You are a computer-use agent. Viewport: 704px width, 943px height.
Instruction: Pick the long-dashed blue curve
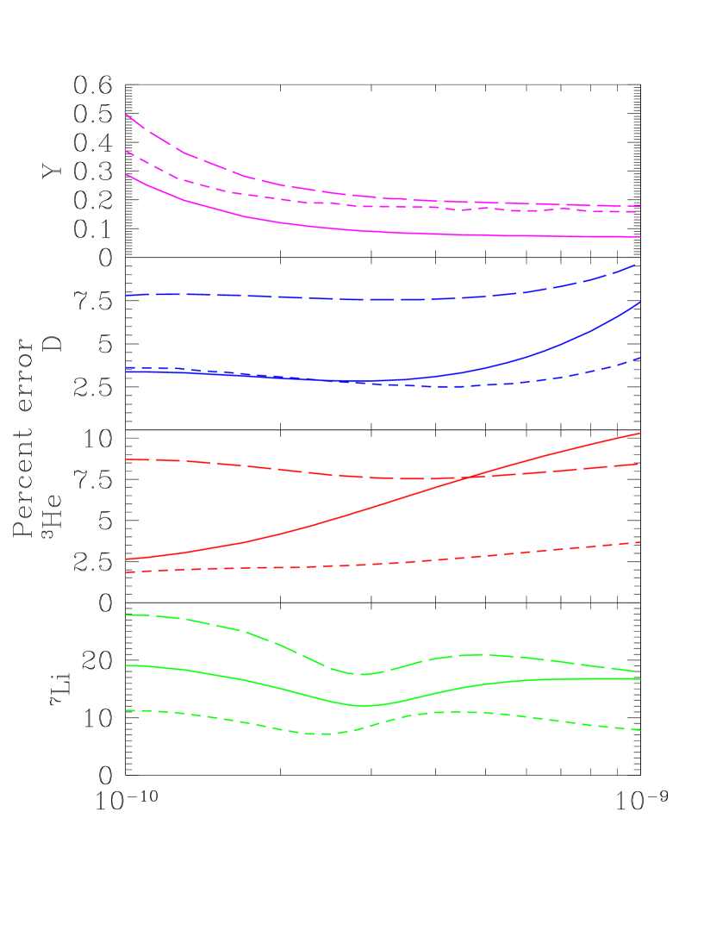(x=259, y=297)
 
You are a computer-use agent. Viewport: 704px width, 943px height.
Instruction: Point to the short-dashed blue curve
(x=517, y=384)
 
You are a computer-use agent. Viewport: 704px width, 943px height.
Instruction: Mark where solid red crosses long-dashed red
(x=466, y=477)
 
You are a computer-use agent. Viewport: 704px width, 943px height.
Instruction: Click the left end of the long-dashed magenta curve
(x=127, y=114)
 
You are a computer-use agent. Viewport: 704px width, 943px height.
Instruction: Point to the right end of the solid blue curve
(x=639, y=303)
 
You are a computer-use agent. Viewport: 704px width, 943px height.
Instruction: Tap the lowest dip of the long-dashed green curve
(x=359, y=674)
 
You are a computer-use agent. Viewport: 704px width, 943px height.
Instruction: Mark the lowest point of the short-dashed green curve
(x=323, y=734)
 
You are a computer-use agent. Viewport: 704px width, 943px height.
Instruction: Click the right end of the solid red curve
(x=639, y=433)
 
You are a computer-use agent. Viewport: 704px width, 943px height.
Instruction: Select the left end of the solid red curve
(x=127, y=559)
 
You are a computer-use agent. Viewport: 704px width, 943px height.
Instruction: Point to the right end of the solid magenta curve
(x=639, y=236)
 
